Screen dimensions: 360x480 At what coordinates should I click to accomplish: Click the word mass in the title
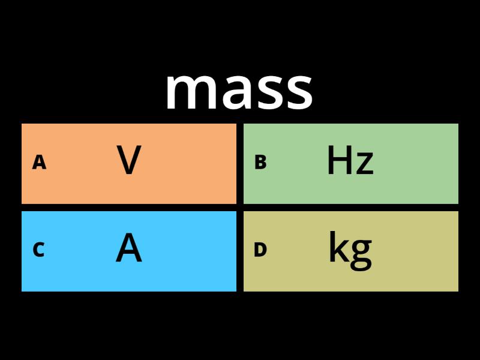239,90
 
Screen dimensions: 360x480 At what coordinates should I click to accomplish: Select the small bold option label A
39,163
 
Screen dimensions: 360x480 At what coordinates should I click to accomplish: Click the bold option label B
260,163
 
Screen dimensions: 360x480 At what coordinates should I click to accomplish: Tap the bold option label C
38,250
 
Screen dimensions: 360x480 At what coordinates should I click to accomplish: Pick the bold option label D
260,250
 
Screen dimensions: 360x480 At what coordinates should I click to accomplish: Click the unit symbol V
129,161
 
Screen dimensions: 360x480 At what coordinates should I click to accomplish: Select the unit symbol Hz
350,161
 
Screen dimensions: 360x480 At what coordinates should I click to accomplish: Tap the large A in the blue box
129,248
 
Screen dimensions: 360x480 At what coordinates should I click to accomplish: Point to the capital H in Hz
340,161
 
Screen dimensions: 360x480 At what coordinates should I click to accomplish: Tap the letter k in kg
337,248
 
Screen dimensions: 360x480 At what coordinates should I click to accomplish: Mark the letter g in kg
360,252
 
